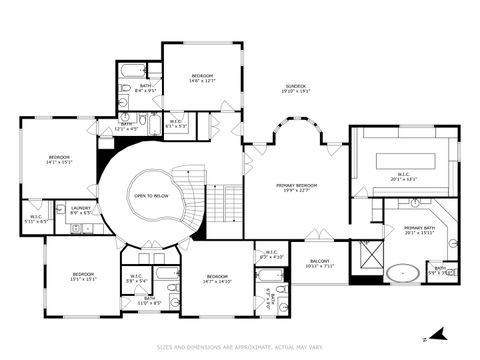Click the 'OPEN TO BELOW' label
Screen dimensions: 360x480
click(x=151, y=196)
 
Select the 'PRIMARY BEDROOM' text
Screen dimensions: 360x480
click(x=296, y=187)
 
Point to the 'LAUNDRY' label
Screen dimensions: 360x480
click(x=81, y=210)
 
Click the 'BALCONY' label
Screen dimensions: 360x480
click(x=319, y=263)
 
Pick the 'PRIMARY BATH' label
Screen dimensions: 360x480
click(x=420, y=230)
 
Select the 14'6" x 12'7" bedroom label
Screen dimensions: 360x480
click(x=203, y=78)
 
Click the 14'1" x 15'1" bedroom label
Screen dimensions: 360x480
click(x=59, y=160)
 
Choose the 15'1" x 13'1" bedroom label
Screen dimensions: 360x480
click(x=83, y=277)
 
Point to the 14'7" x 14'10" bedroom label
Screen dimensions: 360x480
click(x=218, y=279)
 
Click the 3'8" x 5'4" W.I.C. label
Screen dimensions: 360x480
click(x=136, y=281)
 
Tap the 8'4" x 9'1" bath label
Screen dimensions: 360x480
click(x=146, y=88)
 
